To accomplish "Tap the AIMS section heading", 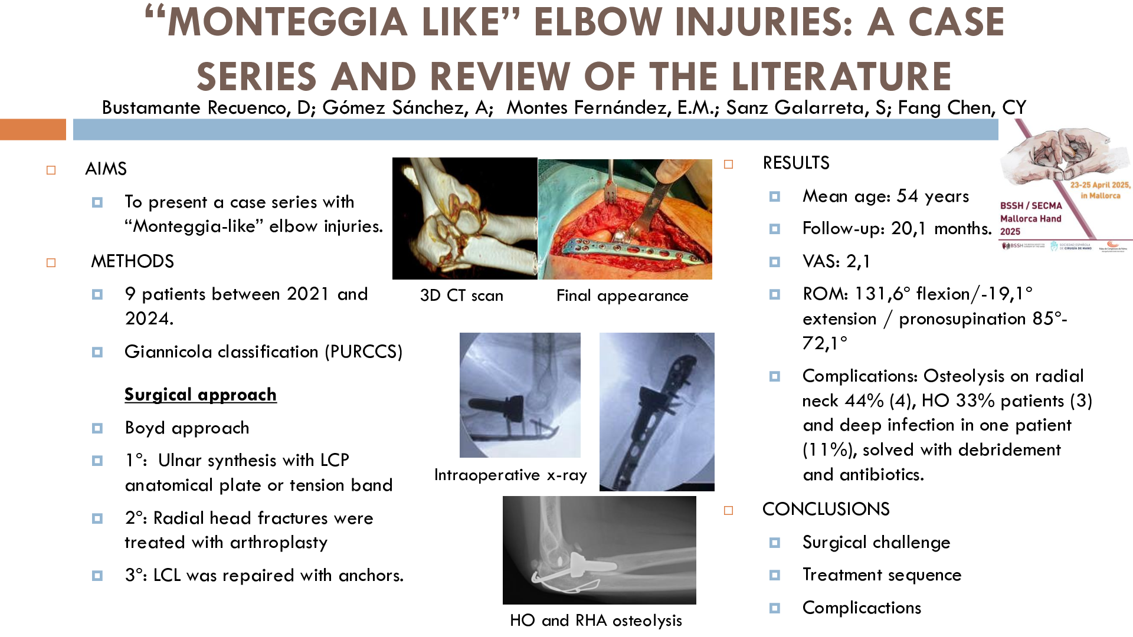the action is click(x=106, y=169).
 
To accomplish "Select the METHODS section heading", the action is click(x=132, y=261).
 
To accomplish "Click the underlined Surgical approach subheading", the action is click(x=201, y=395).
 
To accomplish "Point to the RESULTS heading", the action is click(x=796, y=163).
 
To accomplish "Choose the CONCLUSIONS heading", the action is click(x=826, y=509).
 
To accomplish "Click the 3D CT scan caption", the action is click(x=461, y=295).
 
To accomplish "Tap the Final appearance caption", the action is click(x=623, y=295).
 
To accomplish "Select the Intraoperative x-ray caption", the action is click(x=510, y=475).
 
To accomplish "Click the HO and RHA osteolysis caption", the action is click(x=596, y=620).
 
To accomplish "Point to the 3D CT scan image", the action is click(x=465, y=218).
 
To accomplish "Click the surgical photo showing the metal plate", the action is click(x=625, y=219).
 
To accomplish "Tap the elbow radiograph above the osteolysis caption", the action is click(x=600, y=550).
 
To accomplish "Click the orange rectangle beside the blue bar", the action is click(x=33, y=130).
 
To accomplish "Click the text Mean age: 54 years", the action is click(x=886, y=196).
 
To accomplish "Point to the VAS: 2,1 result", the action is click(x=836, y=261).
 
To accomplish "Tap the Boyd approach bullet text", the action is click(x=187, y=428).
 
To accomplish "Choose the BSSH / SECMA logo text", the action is click(x=1031, y=206).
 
